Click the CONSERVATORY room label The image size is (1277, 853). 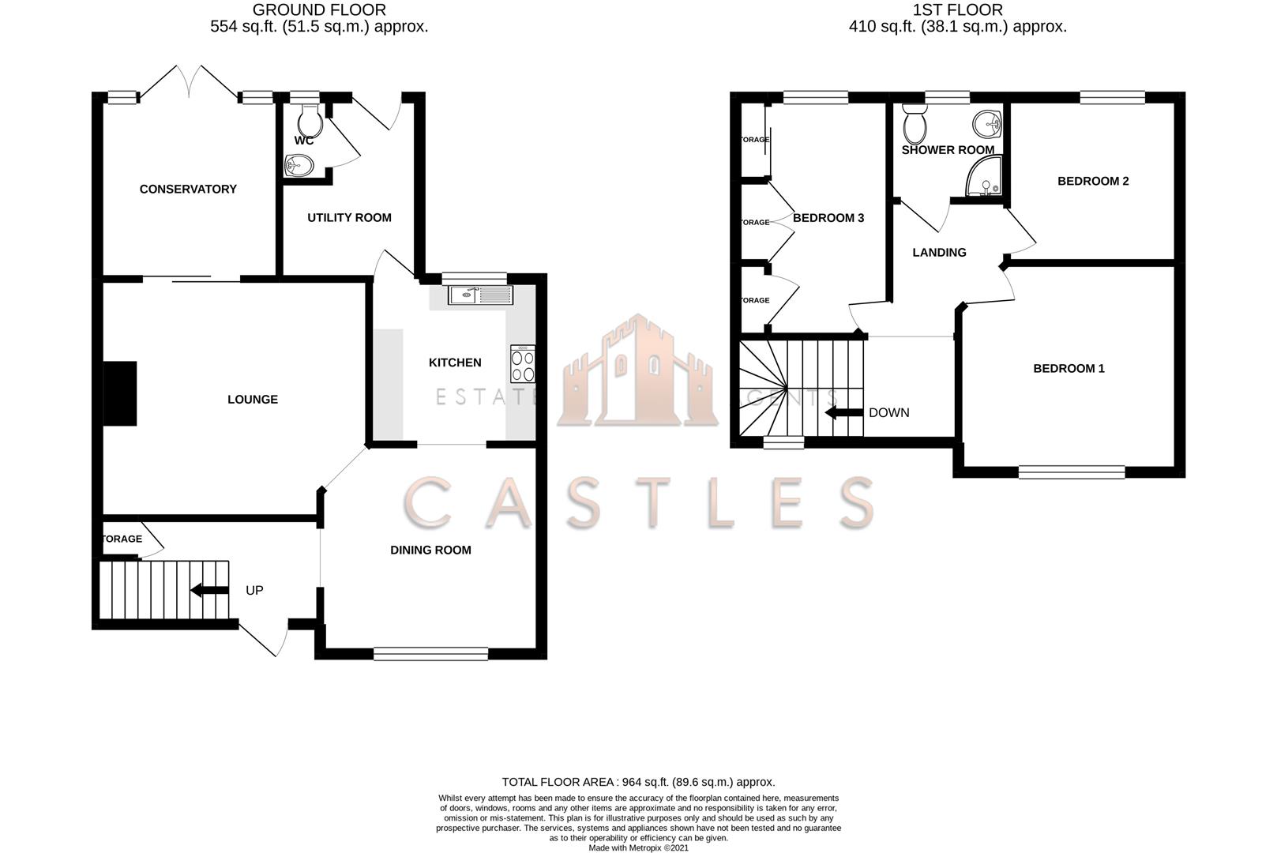[188, 190]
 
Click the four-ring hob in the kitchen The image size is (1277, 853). [522, 364]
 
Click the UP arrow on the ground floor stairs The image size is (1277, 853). [208, 590]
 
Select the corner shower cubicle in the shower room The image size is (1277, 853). [984, 177]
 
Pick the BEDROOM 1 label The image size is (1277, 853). [1069, 369]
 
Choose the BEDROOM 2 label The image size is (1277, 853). [1093, 182]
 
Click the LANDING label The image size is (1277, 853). [939, 253]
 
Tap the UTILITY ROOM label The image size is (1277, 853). [349, 218]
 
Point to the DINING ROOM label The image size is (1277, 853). [430, 551]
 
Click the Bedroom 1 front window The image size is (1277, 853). [1072, 472]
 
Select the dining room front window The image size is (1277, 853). [430, 653]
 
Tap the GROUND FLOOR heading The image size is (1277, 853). [319, 10]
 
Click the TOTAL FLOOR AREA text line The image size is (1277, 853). [638, 782]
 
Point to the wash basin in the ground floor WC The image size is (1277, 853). [299, 165]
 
